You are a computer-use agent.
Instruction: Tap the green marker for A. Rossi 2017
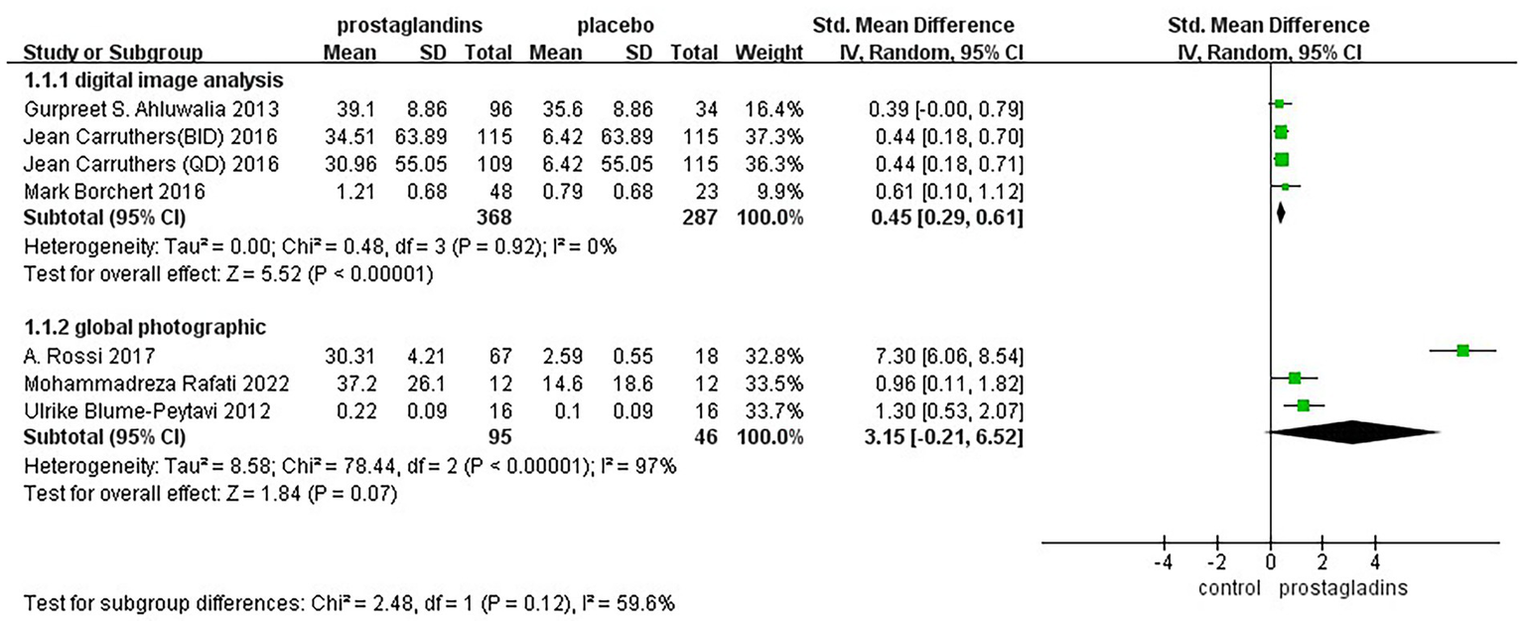pyautogui.click(x=1462, y=350)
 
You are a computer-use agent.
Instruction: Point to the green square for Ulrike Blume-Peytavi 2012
pyautogui.click(x=1304, y=405)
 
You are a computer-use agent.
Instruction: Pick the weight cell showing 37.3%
pyautogui.click(x=775, y=134)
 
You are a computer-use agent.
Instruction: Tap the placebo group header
pyautogui.click(x=617, y=25)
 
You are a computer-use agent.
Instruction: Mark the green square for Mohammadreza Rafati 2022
pyautogui.click(x=1295, y=378)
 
